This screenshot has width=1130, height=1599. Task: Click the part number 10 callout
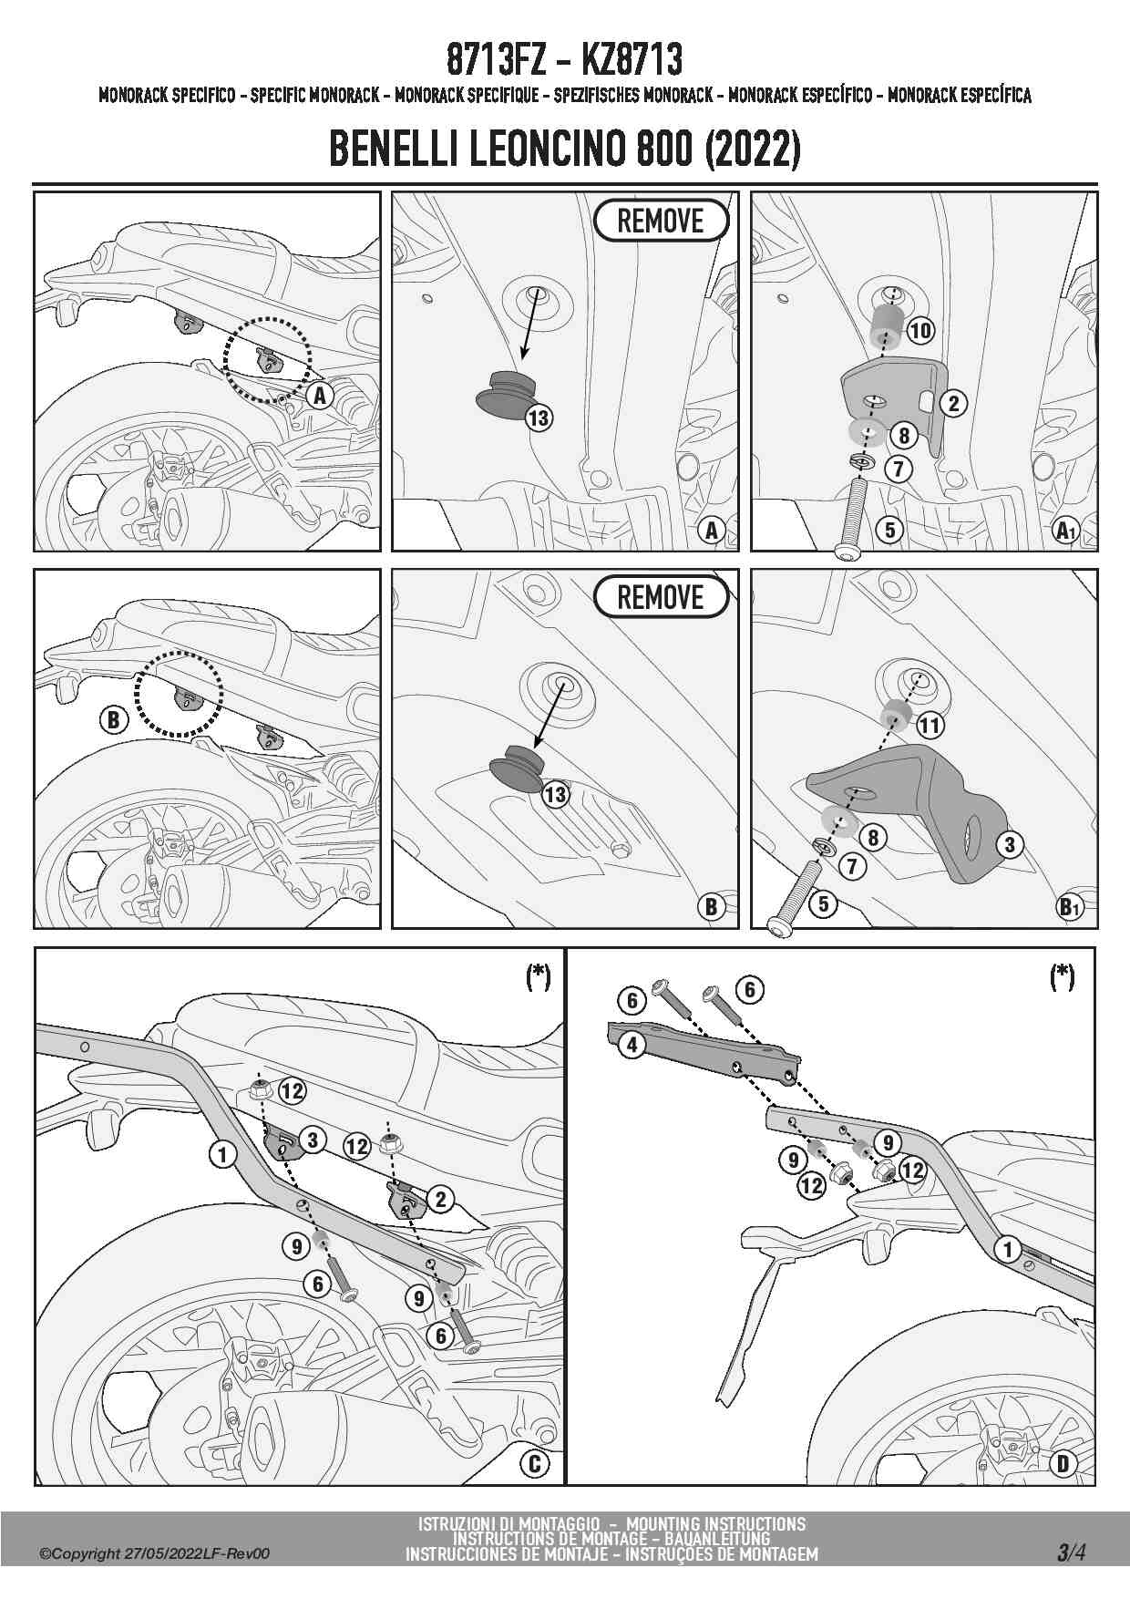pyautogui.click(x=920, y=330)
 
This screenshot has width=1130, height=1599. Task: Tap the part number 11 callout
pyautogui.click(x=930, y=726)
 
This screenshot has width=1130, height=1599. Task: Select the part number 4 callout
pyautogui.click(x=632, y=1044)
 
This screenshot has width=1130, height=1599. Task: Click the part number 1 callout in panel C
pyautogui.click(x=223, y=1154)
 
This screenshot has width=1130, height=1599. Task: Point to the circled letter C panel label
pyautogui.click(x=535, y=1463)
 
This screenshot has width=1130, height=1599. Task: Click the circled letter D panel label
pyautogui.click(x=1063, y=1463)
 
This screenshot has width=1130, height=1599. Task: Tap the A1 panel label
pyautogui.click(x=1065, y=530)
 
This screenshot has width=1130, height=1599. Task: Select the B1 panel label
pyautogui.click(x=1069, y=907)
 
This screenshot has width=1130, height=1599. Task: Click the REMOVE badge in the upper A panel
pyautogui.click(x=662, y=221)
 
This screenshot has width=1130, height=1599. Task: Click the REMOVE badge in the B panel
pyautogui.click(x=662, y=598)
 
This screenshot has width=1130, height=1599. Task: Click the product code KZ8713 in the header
pyautogui.click(x=631, y=60)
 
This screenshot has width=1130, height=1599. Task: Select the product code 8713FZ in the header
pyautogui.click(x=496, y=60)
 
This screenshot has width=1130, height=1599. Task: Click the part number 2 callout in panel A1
pyautogui.click(x=954, y=403)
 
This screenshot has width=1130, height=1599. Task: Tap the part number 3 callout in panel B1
pyautogui.click(x=1009, y=844)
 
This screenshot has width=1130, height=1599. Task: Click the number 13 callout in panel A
pyautogui.click(x=539, y=418)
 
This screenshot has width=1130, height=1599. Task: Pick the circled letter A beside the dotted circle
pyautogui.click(x=319, y=396)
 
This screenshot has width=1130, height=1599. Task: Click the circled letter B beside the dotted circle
pyautogui.click(x=113, y=720)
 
